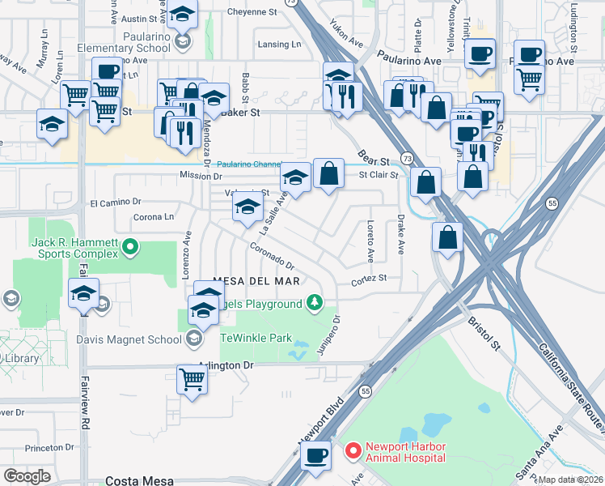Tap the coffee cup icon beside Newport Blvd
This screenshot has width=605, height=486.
click(316, 455)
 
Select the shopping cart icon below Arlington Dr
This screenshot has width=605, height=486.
click(192, 379)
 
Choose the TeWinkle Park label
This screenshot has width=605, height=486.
click(256, 337)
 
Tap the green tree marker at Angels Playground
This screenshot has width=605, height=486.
click(315, 304)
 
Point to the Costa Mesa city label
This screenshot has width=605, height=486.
click(137, 480)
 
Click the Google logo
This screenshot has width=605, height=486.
click(27, 476)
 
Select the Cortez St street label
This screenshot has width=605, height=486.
click(369, 279)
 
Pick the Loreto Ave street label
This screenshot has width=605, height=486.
click(370, 241)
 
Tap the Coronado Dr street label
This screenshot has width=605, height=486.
click(271, 258)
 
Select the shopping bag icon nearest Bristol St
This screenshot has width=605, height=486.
click(447, 237)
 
